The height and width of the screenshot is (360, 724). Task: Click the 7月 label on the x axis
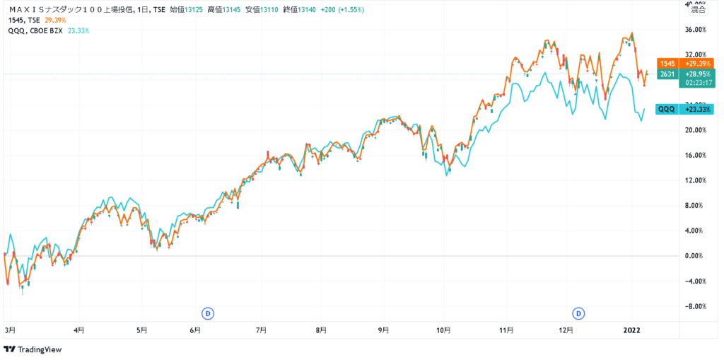click(x=261, y=329)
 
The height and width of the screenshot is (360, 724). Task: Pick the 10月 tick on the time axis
click(x=443, y=329)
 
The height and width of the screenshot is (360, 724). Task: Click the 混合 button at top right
click(x=698, y=10)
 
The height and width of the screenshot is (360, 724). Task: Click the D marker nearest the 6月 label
click(x=208, y=313)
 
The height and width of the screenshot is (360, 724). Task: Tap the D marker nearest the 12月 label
click(x=579, y=313)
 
